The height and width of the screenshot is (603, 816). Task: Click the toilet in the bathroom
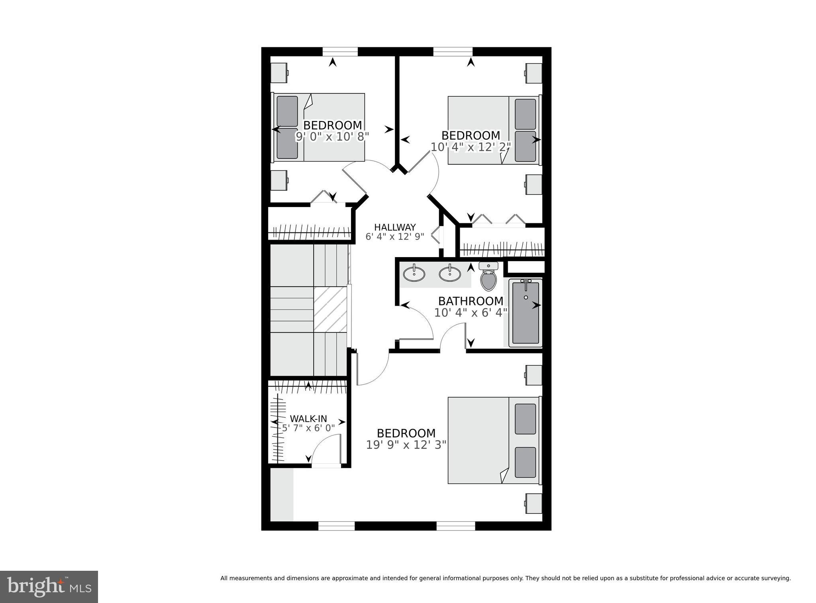pos(488,277)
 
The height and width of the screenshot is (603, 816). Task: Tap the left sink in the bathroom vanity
pos(414,274)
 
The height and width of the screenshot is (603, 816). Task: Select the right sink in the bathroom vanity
pos(450,274)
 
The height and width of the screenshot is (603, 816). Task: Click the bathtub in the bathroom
pos(526,312)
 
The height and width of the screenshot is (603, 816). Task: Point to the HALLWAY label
pos(395,227)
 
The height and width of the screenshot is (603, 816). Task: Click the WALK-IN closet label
pos(308,419)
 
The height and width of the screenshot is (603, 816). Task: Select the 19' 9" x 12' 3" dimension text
pos(406,445)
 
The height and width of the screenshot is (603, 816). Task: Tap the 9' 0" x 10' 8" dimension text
pos(332,137)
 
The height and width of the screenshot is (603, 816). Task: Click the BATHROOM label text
pos(471,301)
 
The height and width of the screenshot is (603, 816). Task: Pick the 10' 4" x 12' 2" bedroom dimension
pos(471,147)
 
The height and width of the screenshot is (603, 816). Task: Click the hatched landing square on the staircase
pos(330,309)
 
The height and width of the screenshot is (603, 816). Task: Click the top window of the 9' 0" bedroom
pos(340,52)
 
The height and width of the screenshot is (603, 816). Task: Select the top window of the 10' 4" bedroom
pos(453,52)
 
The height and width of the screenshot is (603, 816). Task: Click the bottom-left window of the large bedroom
pos(336,526)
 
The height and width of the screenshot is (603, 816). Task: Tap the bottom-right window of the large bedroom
pos(455,526)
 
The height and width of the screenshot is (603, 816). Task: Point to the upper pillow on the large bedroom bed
pos(525,419)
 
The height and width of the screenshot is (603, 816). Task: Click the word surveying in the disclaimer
pos(777,578)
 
